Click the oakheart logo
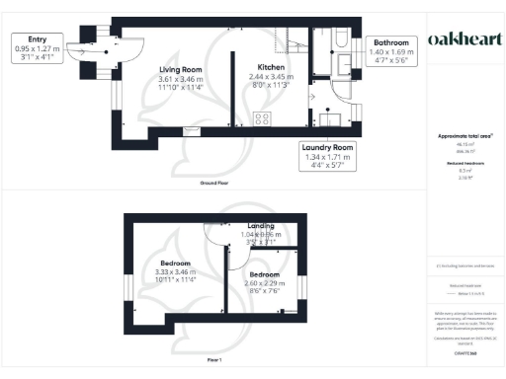[x=464, y=38]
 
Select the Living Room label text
[x=180, y=69]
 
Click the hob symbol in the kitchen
[x=264, y=118]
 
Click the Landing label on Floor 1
[x=259, y=226]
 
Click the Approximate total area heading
[x=464, y=135]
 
